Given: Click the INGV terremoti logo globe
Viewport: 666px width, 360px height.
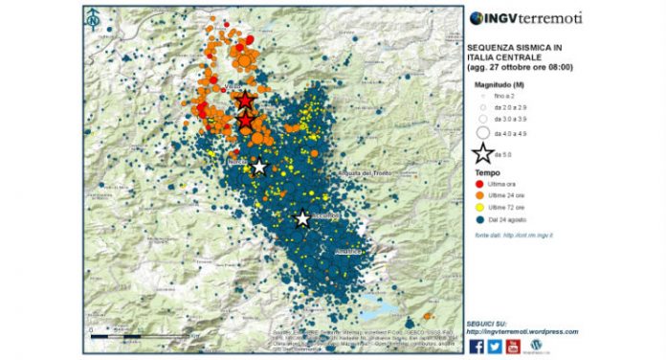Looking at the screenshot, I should pyautogui.click(x=476, y=17).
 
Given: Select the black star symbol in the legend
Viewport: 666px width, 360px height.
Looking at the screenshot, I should pyautogui.click(x=483, y=152).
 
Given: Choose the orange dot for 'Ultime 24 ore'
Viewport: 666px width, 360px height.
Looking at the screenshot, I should pyautogui.click(x=479, y=195).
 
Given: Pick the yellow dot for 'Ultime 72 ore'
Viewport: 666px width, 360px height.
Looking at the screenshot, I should pyautogui.click(x=479, y=207).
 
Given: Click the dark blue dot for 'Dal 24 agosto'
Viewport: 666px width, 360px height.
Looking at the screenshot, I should pyautogui.click(x=479, y=218).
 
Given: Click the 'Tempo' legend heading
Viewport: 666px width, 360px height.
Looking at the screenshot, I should pyautogui.click(x=485, y=173).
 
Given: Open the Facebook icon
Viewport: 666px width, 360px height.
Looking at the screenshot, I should pyautogui.click(x=477, y=346).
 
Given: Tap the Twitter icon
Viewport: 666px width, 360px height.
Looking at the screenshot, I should pyautogui.click(x=495, y=346).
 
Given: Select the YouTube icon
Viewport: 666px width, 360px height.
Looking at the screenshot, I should pyautogui.click(x=513, y=346).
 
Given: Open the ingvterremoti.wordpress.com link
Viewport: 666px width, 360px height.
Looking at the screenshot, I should pyautogui.click(x=522, y=332).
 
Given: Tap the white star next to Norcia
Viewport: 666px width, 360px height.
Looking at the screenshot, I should pyautogui.click(x=259, y=167).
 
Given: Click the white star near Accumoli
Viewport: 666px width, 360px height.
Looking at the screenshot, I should pyautogui.click(x=302, y=218).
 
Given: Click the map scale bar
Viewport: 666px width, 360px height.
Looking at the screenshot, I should pyautogui.click(x=115, y=336).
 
